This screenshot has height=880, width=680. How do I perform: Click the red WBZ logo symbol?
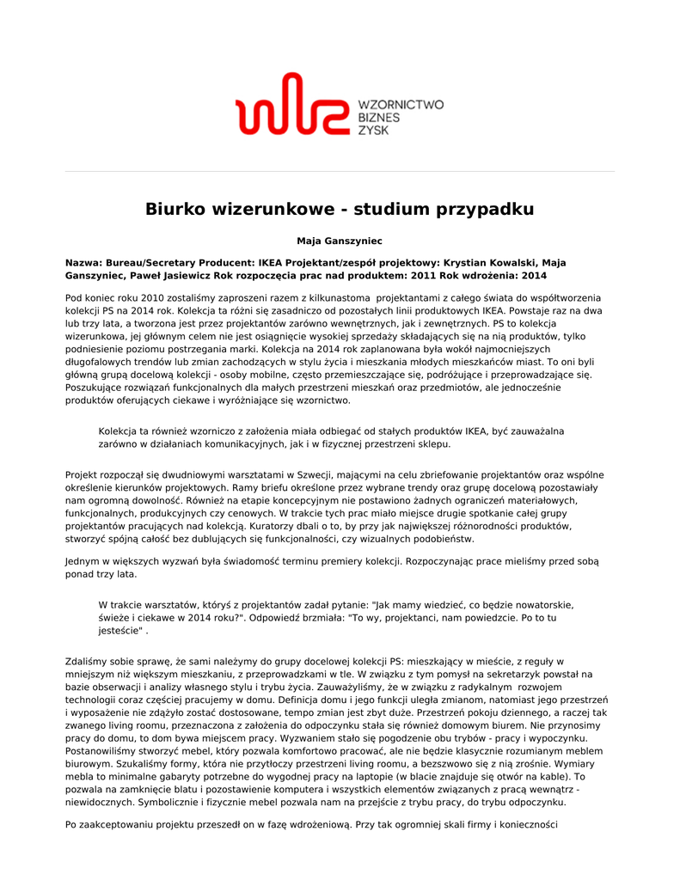(x=289, y=104)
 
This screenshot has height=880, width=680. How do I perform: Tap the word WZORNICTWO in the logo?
(x=400, y=105)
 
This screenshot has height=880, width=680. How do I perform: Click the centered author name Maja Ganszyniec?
(x=340, y=241)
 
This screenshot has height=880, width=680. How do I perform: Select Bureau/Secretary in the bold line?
(x=151, y=263)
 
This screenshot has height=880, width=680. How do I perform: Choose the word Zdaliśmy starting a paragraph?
(x=86, y=662)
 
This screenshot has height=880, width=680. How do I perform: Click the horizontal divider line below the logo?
(x=340, y=171)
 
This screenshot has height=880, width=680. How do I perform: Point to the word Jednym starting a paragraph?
(x=85, y=561)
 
